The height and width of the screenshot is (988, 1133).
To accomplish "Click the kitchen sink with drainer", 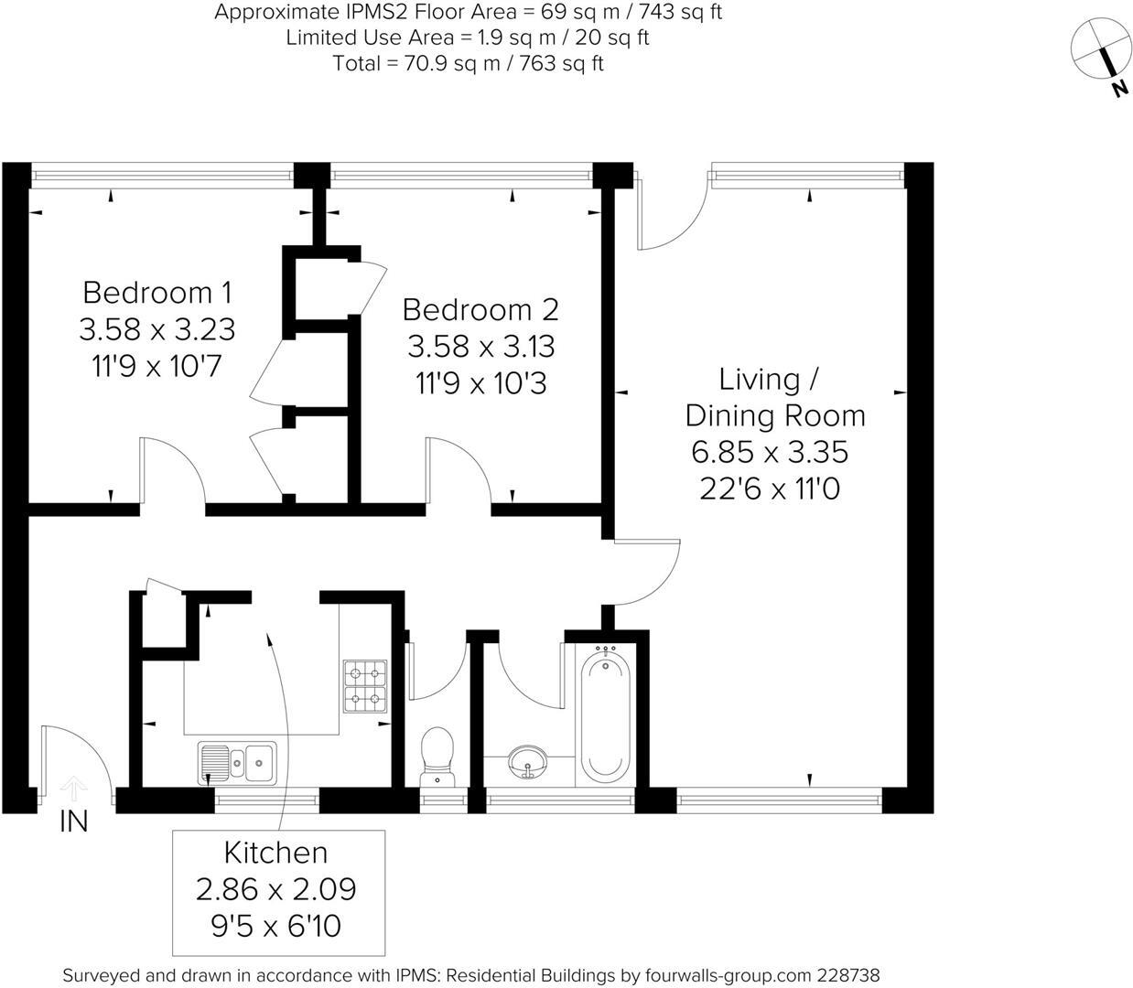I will [x=237, y=762].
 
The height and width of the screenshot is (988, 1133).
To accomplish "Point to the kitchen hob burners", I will [x=364, y=687].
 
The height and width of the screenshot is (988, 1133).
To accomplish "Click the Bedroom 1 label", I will [x=156, y=293].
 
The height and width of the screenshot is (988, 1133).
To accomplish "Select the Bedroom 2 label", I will [x=480, y=310].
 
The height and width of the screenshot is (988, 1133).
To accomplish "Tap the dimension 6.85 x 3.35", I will [x=771, y=452].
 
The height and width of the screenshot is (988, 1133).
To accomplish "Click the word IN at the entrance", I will [x=73, y=822].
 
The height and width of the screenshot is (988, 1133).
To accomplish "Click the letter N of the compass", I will [x=1118, y=89].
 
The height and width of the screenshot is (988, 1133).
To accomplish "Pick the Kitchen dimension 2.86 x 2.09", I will [x=275, y=888].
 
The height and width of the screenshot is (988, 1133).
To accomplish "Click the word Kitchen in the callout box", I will [x=275, y=853].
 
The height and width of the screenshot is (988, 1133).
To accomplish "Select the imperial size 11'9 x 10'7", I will [x=156, y=366].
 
